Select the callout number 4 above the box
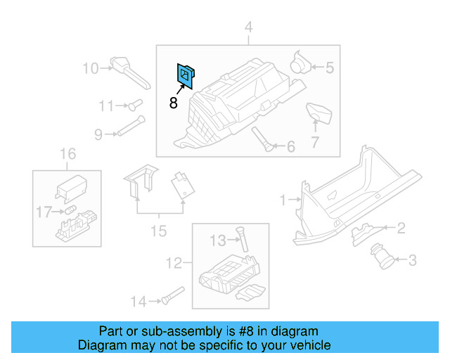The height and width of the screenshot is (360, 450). [247, 28]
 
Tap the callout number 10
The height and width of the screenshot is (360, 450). [91, 68]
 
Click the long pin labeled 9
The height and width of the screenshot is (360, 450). [128, 129]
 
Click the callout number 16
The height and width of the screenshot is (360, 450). [67, 154]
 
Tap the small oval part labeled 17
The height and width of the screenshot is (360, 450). [71, 210]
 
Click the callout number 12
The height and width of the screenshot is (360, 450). [174, 264]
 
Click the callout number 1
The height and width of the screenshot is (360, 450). [283, 200]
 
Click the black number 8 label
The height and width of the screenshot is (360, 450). [174, 103]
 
